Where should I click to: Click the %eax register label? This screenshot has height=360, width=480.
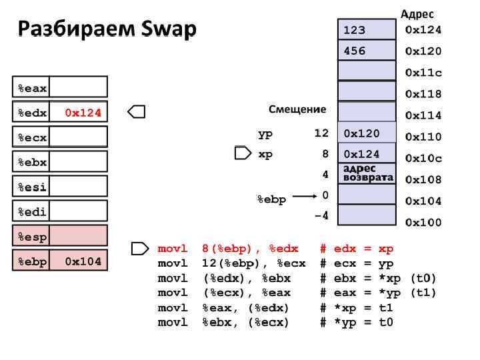pos(32,88)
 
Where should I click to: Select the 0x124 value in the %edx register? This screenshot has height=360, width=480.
pos(83,113)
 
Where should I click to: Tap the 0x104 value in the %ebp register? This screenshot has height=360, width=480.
pos(83,261)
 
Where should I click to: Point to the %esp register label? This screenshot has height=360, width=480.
pos(32,237)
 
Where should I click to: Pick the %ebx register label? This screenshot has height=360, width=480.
pos(32,162)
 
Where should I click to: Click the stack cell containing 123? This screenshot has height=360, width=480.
pos(367,30)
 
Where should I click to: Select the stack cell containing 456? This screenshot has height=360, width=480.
pos(367,51)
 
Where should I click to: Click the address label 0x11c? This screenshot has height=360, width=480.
pos(423,72)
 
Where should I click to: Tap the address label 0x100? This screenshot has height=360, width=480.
pos(423,222)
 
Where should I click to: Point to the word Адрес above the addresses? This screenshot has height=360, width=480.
pos(417,13)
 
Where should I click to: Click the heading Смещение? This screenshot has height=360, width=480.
pos(297,109)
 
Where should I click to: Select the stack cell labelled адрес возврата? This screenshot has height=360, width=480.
pos(367,173)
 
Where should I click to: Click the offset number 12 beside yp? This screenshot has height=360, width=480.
pos(321,133)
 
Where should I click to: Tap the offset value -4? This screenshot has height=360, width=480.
pos(321,215)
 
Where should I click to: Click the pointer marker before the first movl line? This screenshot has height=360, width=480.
pos(140,249)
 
